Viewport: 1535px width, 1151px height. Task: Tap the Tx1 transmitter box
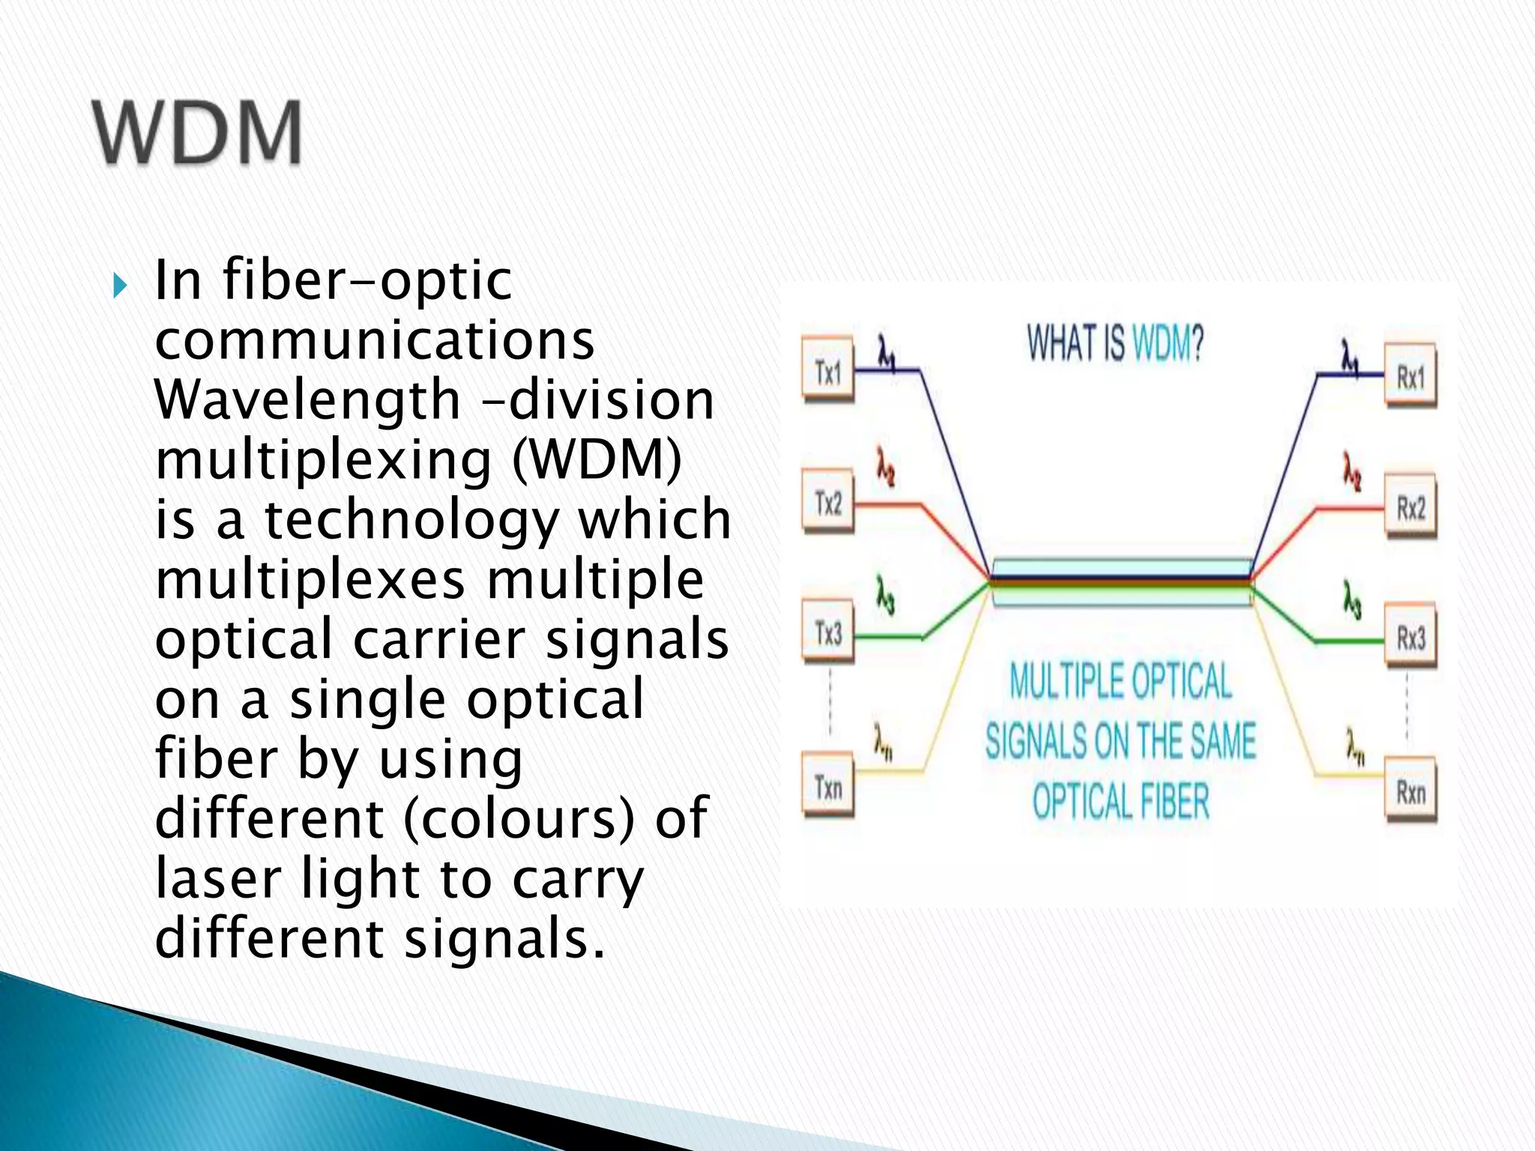(x=828, y=372)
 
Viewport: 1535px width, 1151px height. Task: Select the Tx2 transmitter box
(x=828, y=504)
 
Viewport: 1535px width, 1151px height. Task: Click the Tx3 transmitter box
(x=828, y=634)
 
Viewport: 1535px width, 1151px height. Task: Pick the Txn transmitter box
(x=828, y=788)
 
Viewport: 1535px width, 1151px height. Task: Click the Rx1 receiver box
(x=1410, y=377)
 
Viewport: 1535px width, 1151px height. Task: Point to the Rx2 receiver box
(x=1410, y=509)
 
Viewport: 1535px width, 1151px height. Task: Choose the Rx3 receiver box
(x=1410, y=639)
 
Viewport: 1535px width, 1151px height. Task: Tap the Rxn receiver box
(x=1410, y=793)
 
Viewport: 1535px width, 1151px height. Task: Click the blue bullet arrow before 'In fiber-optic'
(x=120, y=286)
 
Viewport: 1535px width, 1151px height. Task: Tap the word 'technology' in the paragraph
(x=411, y=519)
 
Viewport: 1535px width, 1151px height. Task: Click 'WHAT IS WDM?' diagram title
(x=1115, y=344)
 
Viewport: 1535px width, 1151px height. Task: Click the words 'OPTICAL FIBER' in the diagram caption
(x=1121, y=800)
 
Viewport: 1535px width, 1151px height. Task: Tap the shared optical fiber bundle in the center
(x=1121, y=581)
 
